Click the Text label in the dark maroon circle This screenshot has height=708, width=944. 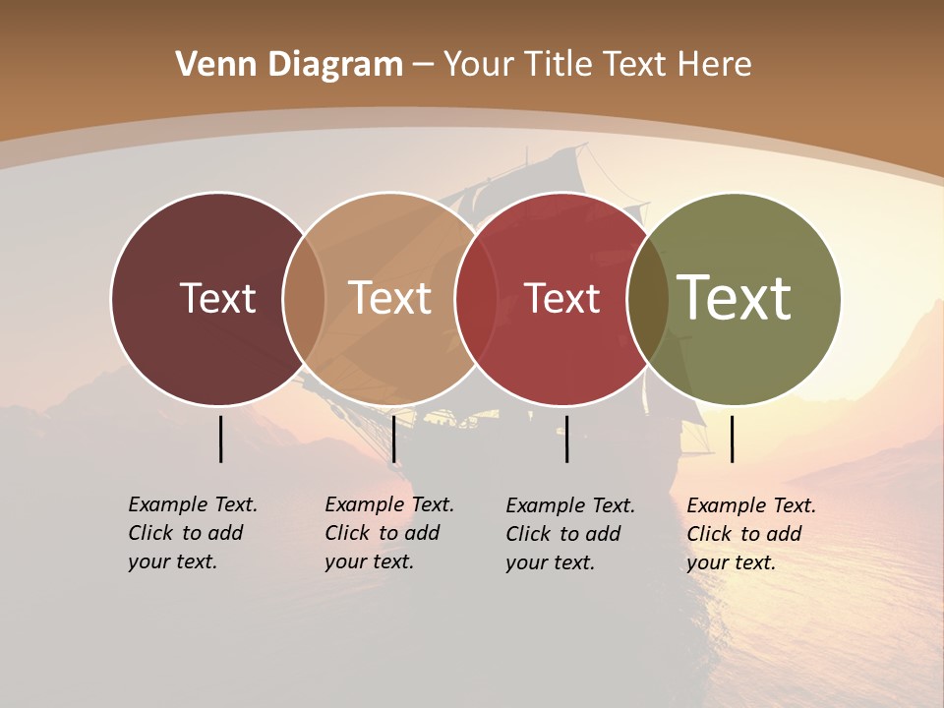coord(217,298)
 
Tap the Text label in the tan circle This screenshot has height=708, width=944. coord(390,298)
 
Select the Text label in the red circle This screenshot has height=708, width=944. coord(562,298)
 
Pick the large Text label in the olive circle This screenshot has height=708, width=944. coord(734,298)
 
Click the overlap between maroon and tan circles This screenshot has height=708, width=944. coord(304,299)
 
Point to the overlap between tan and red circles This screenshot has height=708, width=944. coord(476,299)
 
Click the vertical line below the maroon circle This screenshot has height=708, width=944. coord(220,439)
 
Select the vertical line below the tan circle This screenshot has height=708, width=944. coord(393,439)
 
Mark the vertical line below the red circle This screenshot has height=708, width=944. coord(567,439)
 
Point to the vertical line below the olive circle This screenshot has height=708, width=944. coord(733,439)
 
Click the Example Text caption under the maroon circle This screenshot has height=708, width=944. coord(192,533)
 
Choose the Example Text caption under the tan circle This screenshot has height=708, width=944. coord(388,533)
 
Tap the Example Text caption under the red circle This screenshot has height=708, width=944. coord(569,534)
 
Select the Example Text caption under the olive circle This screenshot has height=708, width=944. coord(750,534)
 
